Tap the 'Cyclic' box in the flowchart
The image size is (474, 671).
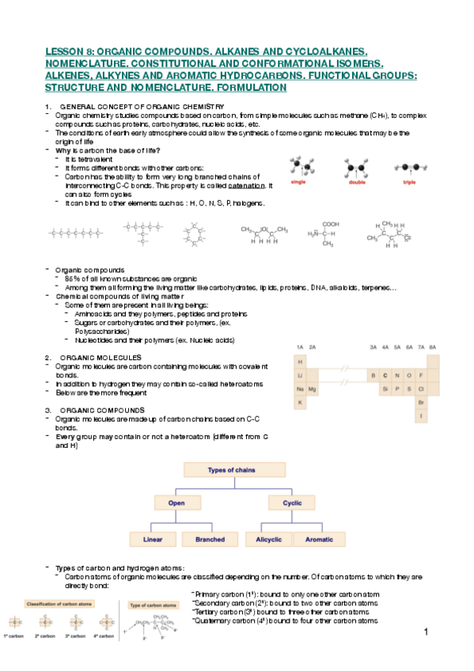coord(280,503)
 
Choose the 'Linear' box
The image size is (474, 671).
coord(153,540)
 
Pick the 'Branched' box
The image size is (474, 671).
coord(204,540)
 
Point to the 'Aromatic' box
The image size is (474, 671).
coord(320,540)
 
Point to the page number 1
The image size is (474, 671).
coord(426,633)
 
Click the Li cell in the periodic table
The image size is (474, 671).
coord(301,375)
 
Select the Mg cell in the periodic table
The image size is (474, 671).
coord(313,389)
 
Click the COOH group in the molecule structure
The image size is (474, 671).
coord(331,224)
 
